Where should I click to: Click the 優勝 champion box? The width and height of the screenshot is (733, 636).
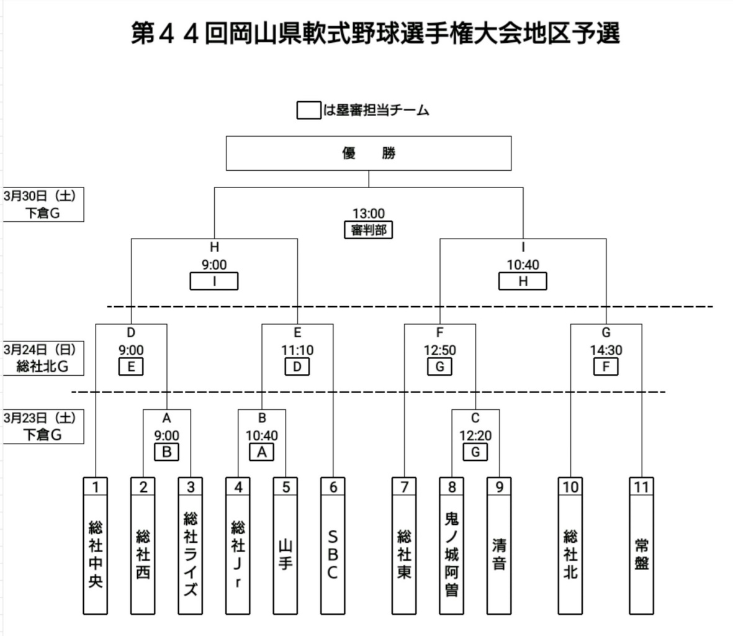[x=369, y=153]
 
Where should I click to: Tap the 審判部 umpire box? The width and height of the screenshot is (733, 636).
[x=369, y=230]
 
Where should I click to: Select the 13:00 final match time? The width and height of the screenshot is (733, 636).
[x=369, y=214]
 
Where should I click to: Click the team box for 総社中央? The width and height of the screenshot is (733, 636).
[x=96, y=546]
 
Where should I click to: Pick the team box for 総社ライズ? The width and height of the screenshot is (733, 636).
[x=191, y=546]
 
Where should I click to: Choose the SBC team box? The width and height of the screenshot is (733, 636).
[x=333, y=546]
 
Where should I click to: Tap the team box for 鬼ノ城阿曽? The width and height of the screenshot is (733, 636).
[x=452, y=546]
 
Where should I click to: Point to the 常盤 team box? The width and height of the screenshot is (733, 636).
[x=641, y=546]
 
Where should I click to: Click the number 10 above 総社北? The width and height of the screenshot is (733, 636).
[x=570, y=487]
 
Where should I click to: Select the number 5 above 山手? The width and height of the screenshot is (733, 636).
[x=286, y=487]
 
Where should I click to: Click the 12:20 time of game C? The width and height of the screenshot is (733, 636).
[x=475, y=436]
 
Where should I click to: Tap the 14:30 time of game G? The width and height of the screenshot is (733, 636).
[x=606, y=350]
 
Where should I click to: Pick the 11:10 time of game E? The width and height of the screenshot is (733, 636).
[x=297, y=350]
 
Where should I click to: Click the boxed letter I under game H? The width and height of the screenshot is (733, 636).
[x=214, y=281]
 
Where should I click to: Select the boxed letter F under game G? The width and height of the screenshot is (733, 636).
[x=606, y=366]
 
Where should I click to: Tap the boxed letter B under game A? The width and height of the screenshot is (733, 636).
[x=166, y=452]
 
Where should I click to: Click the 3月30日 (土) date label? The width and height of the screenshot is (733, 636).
[x=40, y=196]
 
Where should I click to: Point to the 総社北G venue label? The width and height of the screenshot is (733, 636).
[x=43, y=366]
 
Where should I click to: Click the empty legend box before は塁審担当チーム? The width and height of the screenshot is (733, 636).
[x=309, y=111]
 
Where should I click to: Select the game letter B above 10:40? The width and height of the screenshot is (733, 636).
[x=262, y=418]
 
